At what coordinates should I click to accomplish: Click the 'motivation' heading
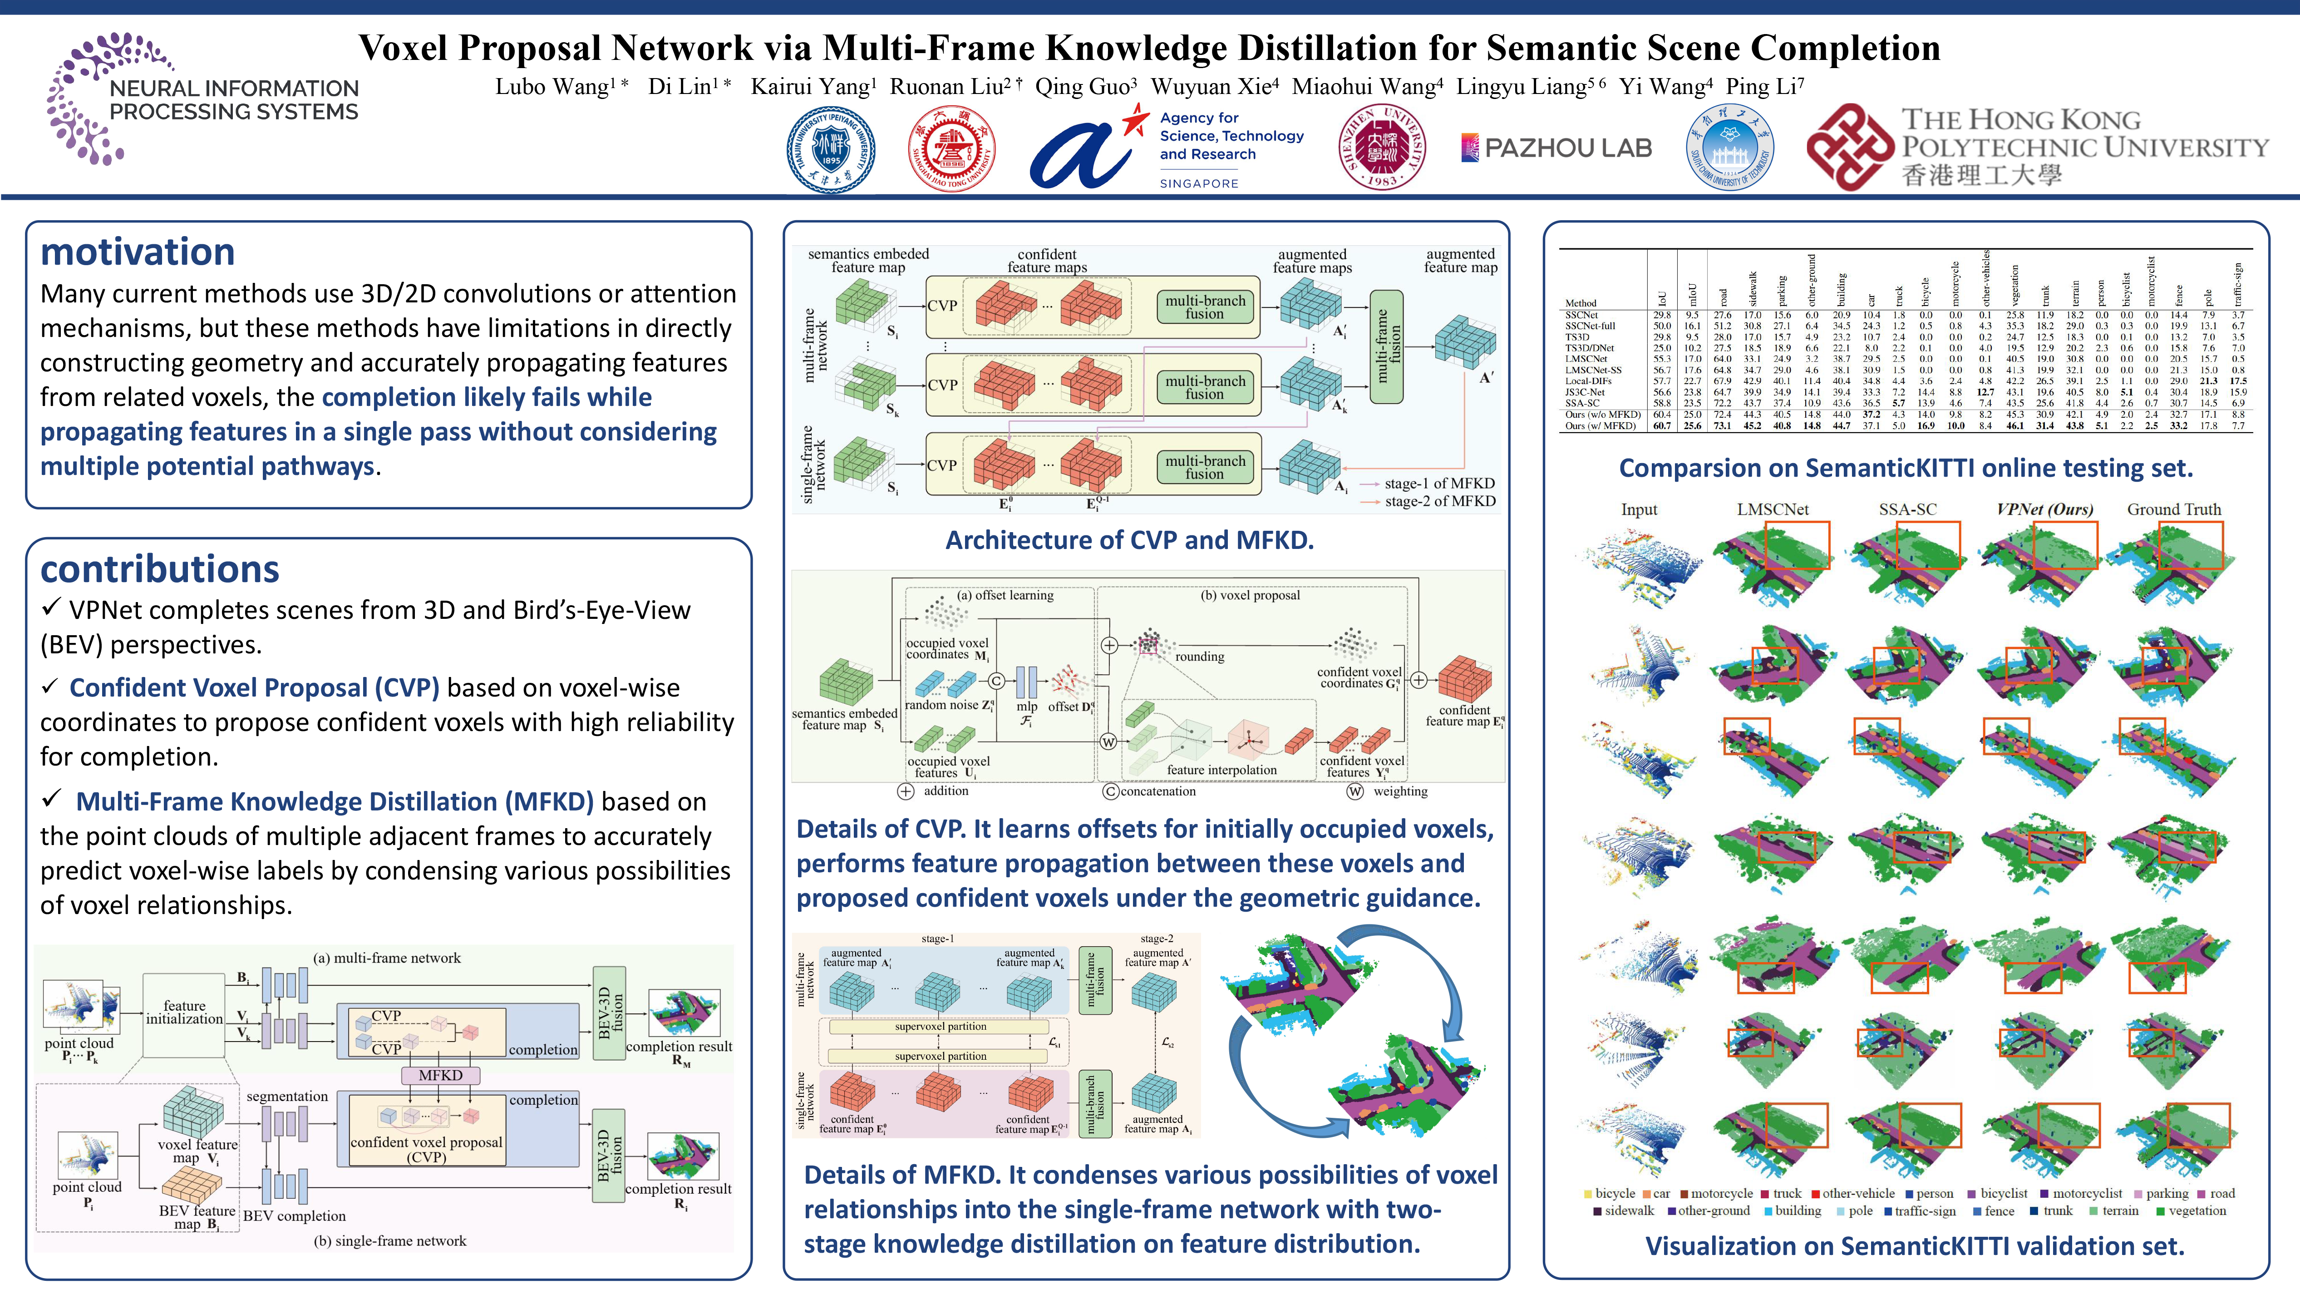coord(138,253)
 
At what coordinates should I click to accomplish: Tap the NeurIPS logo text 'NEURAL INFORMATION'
coord(234,89)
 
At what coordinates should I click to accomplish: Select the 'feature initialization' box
coord(184,1012)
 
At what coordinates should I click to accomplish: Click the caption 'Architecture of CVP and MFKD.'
coord(1129,540)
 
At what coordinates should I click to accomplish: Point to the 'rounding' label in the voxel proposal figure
coord(1199,657)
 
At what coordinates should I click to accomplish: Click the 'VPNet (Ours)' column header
coord(2044,509)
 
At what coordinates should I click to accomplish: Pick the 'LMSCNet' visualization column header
coord(1773,509)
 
